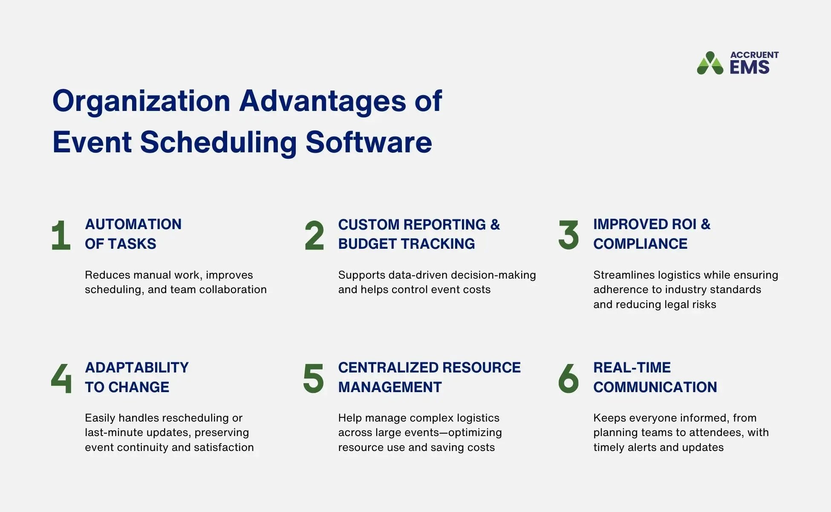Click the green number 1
pyautogui.click(x=61, y=235)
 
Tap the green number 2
pyautogui.click(x=315, y=235)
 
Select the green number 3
pyautogui.click(x=568, y=235)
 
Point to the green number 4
pyautogui.click(x=61, y=378)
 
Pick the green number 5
pyautogui.click(x=314, y=378)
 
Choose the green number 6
pyautogui.click(x=568, y=378)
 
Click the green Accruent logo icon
pyautogui.click(x=710, y=64)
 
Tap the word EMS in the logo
pyautogui.click(x=750, y=67)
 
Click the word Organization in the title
pyautogui.click(x=141, y=102)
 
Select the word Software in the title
pyautogui.click(x=369, y=143)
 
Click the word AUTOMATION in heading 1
pyautogui.click(x=133, y=224)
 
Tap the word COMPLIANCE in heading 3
pyautogui.click(x=640, y=244)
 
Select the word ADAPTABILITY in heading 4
pyautogui.click(x=136, y=368)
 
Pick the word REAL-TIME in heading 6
pyautogui.click(x=632, y=368)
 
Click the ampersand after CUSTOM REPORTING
pyautogui.click(x=495, y=224)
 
